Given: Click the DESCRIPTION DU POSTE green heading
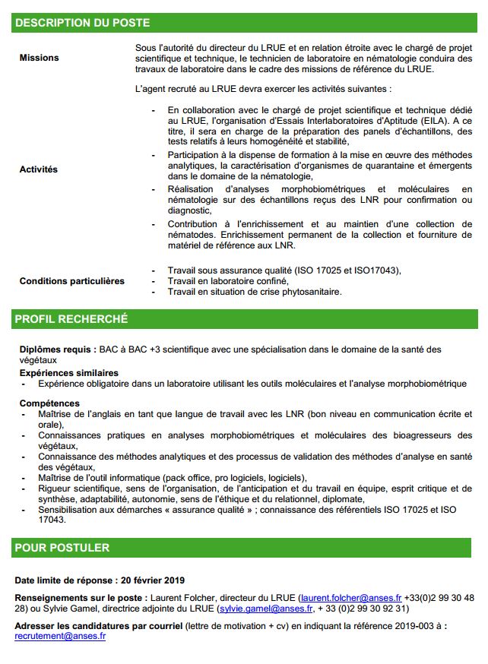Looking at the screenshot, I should point(82,24).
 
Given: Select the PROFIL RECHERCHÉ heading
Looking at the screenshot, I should point(71,319).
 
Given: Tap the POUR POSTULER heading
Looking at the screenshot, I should point(62,547).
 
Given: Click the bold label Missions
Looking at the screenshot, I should point(39,58).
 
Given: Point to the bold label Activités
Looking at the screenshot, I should point(39,169).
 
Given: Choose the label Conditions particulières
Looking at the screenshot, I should point(72,281).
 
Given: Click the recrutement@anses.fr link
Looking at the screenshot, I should point(60,637).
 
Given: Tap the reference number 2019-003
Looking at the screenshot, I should point(414,626).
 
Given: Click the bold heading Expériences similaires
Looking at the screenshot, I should point(69,373).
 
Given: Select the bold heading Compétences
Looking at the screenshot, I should point(49,403).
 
